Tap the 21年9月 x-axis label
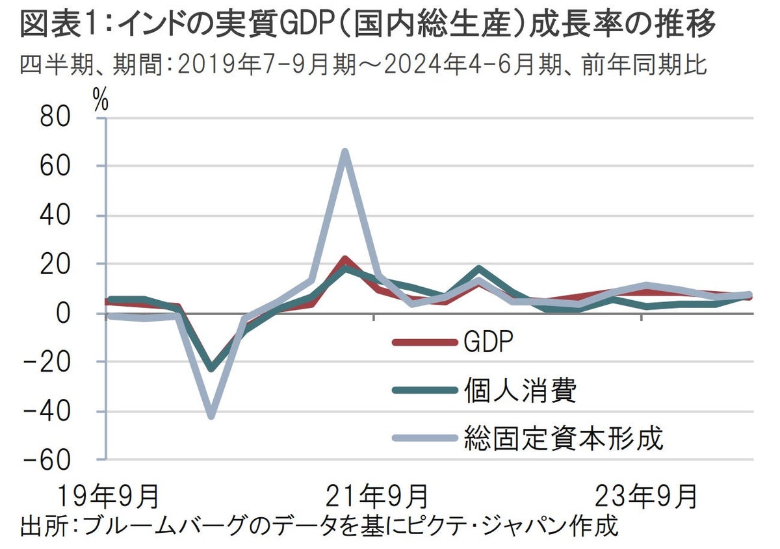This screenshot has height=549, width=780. click(x=375, y=497)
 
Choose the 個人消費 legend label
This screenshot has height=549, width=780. click(x=520, y=390)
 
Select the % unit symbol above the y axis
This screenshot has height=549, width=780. click(x=101, y=102)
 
